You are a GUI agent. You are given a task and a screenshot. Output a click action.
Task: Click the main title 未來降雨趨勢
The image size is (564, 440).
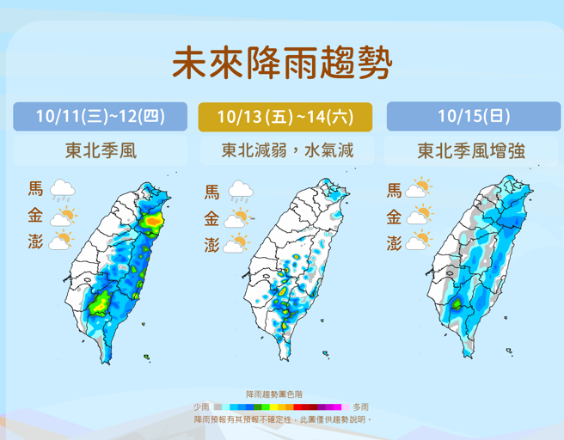282,62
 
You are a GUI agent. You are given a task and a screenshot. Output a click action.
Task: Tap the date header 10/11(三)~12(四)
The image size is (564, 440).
100,116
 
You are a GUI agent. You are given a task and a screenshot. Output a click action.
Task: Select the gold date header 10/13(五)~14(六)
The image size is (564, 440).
285,116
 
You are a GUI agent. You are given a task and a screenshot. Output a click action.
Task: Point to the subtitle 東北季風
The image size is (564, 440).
100,150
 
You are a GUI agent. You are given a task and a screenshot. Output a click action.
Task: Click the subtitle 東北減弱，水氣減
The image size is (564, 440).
285,150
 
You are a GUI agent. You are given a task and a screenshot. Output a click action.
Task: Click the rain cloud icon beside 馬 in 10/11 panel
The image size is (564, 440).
62,190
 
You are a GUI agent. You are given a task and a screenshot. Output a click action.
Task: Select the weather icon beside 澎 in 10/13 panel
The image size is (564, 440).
238,246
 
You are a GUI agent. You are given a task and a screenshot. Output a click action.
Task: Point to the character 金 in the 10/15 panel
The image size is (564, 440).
394,217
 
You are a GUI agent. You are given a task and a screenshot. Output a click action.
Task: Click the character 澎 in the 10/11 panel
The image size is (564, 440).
35,242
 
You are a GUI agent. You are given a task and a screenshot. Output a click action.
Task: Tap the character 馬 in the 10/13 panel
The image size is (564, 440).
212,191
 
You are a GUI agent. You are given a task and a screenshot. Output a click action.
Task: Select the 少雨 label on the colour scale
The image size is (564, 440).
201,406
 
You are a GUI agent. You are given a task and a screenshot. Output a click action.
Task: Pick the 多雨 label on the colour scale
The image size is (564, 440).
360,406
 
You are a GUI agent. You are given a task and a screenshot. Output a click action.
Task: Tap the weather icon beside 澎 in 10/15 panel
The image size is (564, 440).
419,242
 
